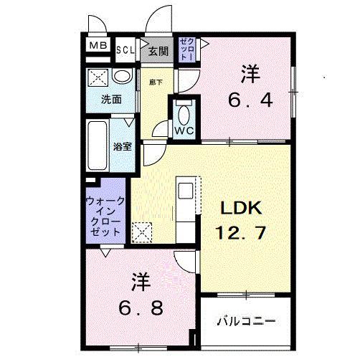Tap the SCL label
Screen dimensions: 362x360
pyautogui.click(x=125, y=49)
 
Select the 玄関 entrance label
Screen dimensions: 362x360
pyautogui.click(x=158, y=50)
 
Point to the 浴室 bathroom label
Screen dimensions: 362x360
pyautogui.click(x=122, y=146)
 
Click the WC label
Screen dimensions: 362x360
pyautogui.click(x=183, y=130)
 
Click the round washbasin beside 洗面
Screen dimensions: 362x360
pyautogui.click(x=122, y=76)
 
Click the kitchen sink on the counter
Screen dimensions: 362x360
pyautogui.click(x=185, y=191)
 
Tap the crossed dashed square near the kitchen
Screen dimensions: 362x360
pyautogui.click(x=142, y=231)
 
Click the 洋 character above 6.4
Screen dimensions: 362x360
pyautogui.click(x=250, y=74)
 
